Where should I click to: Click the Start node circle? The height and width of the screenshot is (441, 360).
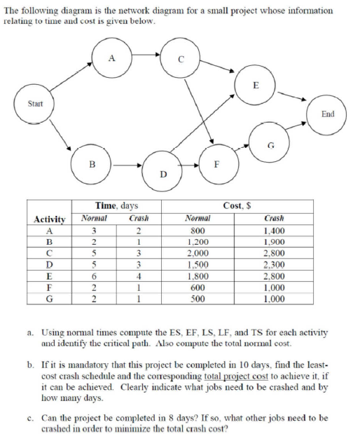click(33, 104)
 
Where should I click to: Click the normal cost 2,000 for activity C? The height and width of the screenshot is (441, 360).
click(197, 252)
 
